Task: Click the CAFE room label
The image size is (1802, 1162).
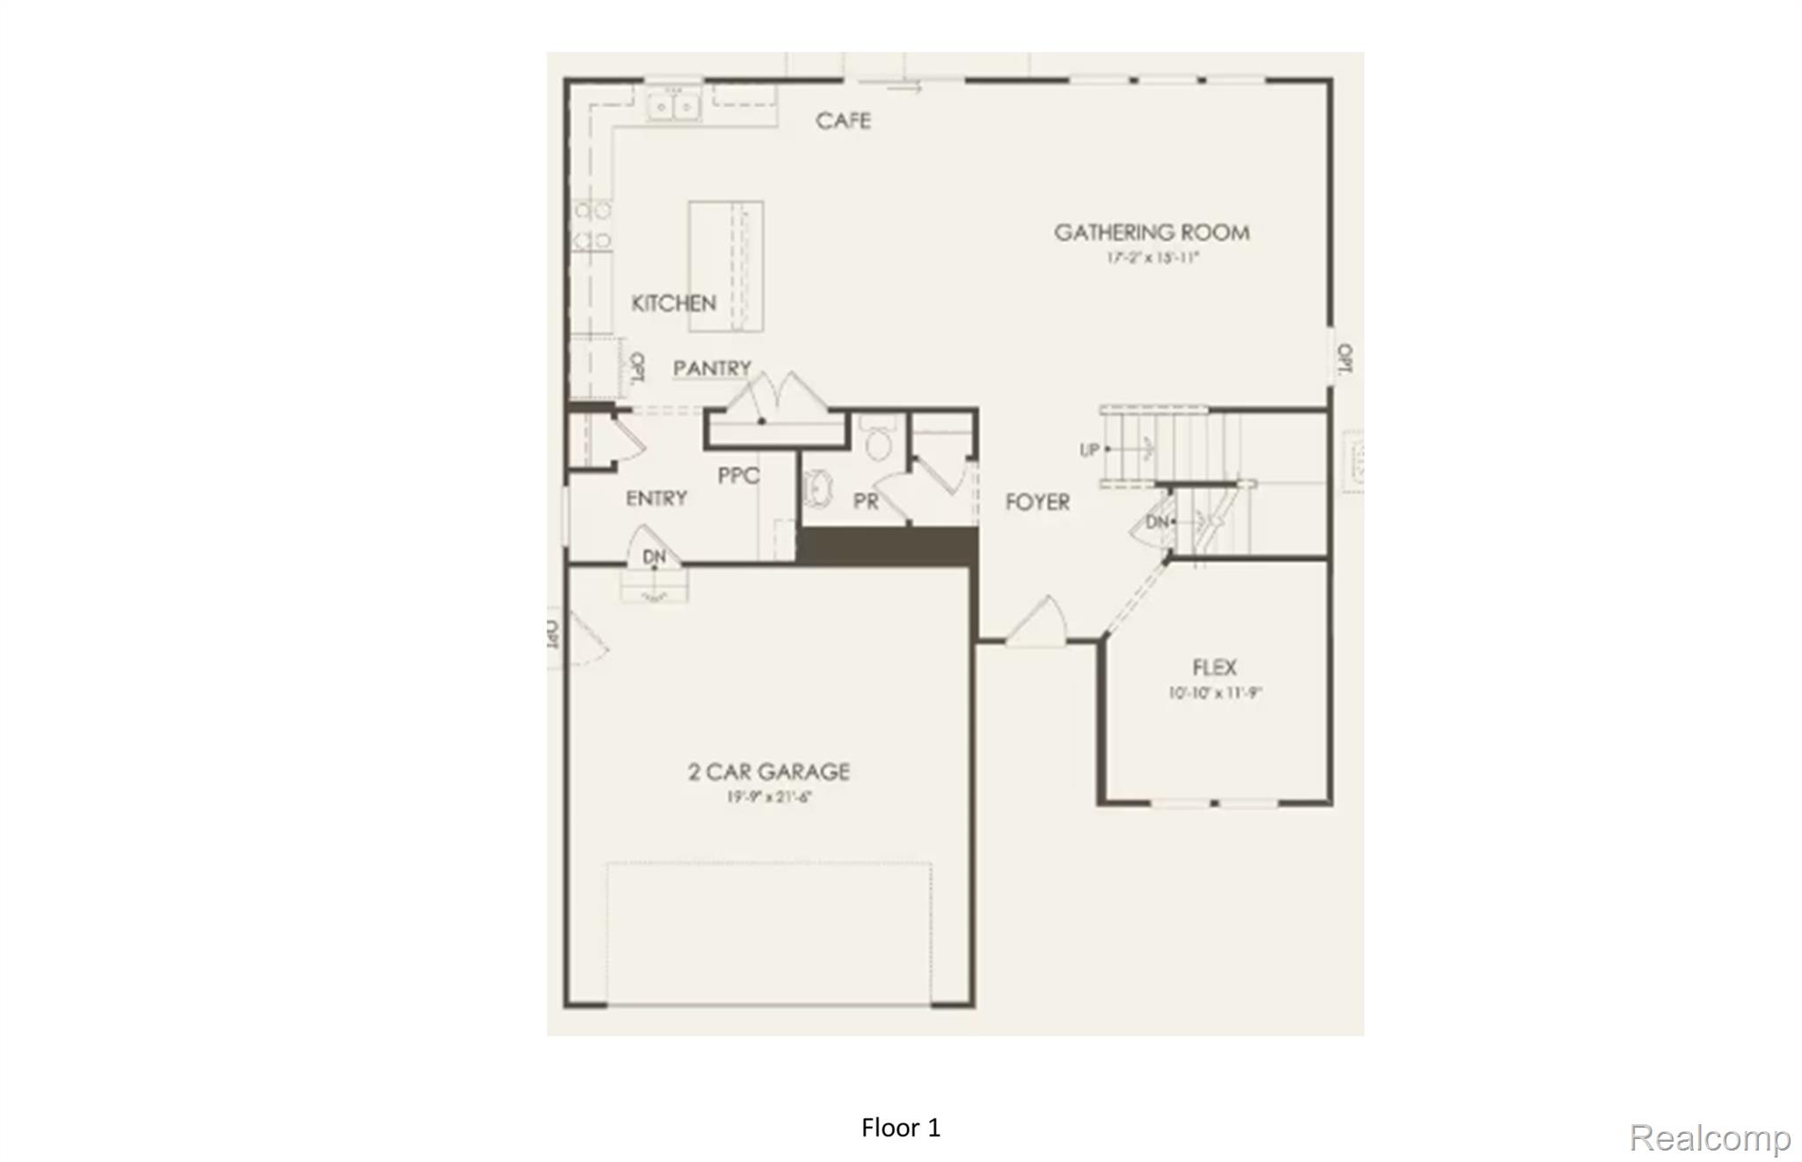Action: pos(843,121)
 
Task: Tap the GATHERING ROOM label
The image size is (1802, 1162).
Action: pos(1152,232)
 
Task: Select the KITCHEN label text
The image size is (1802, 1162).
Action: pos(673,303)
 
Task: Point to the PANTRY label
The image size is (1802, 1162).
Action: pos(712,368)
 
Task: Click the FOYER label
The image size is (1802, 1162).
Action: pos(1037,502)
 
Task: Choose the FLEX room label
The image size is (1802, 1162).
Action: pos(1214,668)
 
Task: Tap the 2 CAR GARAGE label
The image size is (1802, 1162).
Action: pos(768,772)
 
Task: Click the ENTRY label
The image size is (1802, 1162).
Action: pos(656,499)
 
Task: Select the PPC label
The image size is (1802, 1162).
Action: pos(738,476)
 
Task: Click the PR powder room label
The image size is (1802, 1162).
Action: pos(866,501)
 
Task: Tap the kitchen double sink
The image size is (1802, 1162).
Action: pos(673,106)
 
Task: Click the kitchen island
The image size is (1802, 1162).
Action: pos(725,266)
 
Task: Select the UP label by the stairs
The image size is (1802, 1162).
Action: pos(1089,449)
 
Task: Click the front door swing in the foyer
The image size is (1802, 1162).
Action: pos(1039,622)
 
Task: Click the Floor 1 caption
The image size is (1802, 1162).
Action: pos(900,1128)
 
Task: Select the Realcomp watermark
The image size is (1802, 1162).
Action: pos(1709,1137)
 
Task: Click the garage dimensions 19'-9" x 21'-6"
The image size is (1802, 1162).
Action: pos(768,797)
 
